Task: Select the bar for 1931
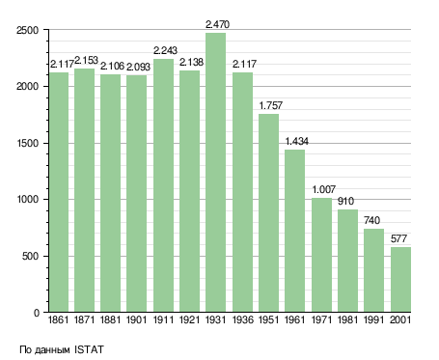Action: (x=215, y=173)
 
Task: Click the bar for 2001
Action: (x=400, y=280)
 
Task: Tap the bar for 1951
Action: (x=268, y=213)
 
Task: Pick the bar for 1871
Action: (x=84, y=190)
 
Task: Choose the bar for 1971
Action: (x=321, y=255)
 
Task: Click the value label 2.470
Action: (x=217, y=24)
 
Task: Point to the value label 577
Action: (x=398, y=238)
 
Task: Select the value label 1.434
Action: (x=296, y=141)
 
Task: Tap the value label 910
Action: (x=345, y=201)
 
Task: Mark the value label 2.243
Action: (x=165, y=50)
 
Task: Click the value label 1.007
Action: (x=324, y=189)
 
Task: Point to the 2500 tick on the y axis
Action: (x=27, y=30)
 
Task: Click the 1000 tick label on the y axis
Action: (x=27, y=200)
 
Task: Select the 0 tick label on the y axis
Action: (x=36, y=313)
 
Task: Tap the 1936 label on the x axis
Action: (x=242, y=320)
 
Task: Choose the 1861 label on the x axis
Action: (x=58, y=320)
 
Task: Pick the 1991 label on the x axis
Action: (x=374, y=320)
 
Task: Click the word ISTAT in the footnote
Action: (x=89, y=349)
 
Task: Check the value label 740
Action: (x=371, y=220)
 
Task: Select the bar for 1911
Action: (x=163, y=185)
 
